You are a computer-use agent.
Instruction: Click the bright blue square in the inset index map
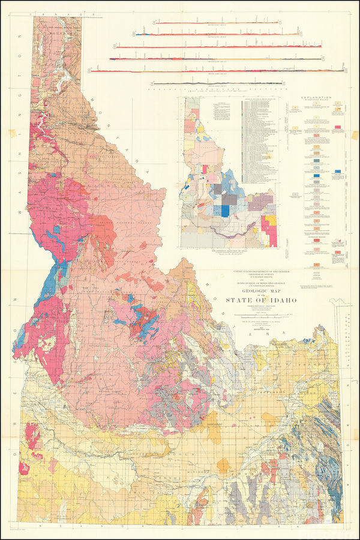point(225,211)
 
